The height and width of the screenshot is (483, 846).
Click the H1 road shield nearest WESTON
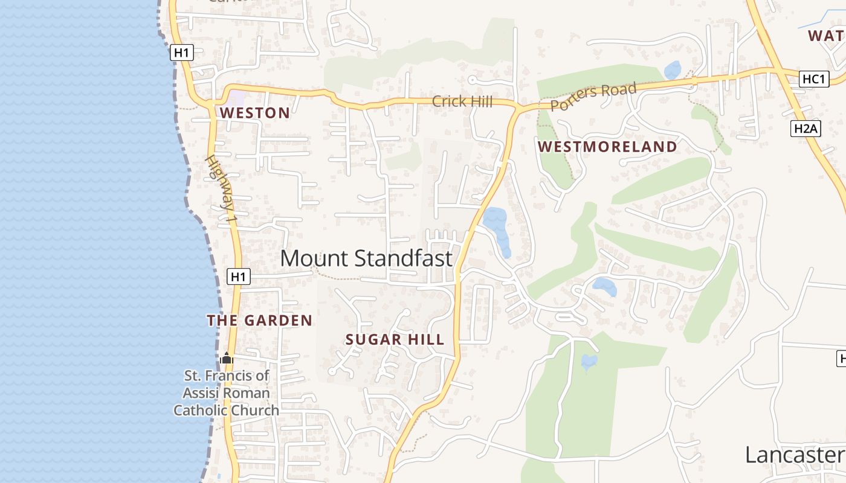(181, 53)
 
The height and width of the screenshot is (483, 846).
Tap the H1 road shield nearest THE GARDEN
(239, 277)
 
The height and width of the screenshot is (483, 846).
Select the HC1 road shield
(813, 79)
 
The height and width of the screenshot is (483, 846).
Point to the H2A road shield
(806, 128)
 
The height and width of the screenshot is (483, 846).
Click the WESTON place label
(254, 113)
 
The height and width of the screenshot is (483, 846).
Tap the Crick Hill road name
(462, 101)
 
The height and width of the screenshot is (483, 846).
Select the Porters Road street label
(593, 97)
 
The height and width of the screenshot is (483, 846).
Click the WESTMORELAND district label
(607, 147)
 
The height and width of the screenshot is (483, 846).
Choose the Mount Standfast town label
(366, 258)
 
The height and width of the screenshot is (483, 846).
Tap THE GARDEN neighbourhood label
(260, 321)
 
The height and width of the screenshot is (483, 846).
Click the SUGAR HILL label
(395, 340)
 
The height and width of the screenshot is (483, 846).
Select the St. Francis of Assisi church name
(227, 393)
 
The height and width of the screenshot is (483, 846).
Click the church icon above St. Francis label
(227, 358)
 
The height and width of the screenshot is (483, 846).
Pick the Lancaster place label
(793, 455)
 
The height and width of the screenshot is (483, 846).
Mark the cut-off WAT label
(826, 36)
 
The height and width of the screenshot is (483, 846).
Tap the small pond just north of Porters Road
(673, 70)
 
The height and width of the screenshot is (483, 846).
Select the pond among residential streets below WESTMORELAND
(604, 286)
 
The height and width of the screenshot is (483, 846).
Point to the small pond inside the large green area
(589, 362)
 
